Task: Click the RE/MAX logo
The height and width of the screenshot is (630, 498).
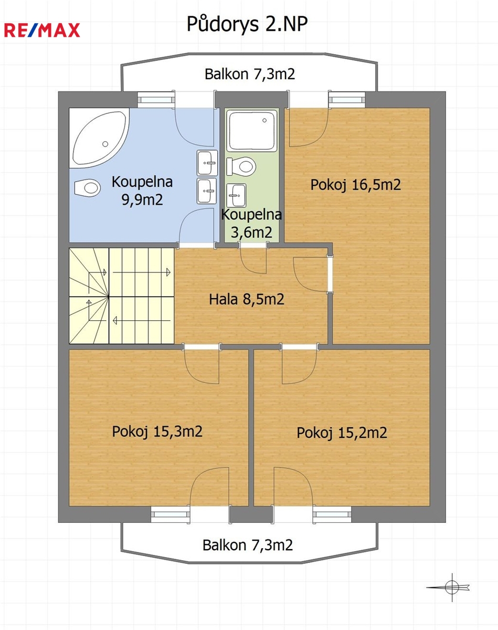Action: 42,30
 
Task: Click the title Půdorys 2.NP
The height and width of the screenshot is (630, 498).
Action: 247,24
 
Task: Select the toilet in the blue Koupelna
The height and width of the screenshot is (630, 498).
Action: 88,187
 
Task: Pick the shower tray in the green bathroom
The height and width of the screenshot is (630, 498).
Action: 252,130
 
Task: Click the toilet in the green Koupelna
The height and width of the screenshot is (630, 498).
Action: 241,166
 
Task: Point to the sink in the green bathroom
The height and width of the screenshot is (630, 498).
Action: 237,195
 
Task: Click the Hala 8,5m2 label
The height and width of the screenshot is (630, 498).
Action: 247,299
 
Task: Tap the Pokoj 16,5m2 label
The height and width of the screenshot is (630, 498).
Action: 355,185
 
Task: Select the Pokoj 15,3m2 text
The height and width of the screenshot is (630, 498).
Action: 157,432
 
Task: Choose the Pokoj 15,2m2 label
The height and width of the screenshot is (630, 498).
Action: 342,433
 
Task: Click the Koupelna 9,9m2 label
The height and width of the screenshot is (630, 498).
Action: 142,191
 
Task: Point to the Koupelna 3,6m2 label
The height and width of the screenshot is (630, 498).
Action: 251,223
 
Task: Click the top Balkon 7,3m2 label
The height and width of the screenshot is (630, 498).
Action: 250,74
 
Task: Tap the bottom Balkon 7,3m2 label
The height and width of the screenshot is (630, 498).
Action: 248,545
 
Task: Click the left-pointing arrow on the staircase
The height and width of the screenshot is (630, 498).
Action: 142,321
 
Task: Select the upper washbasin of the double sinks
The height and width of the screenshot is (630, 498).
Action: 207,163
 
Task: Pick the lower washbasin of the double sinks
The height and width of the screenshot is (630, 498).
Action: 207,191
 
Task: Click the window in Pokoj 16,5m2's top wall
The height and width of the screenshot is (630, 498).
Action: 347,100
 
